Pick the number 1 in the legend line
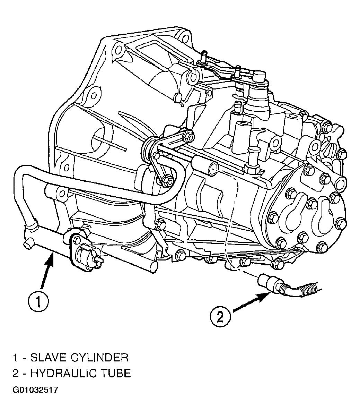15,357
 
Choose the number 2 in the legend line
16,373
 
